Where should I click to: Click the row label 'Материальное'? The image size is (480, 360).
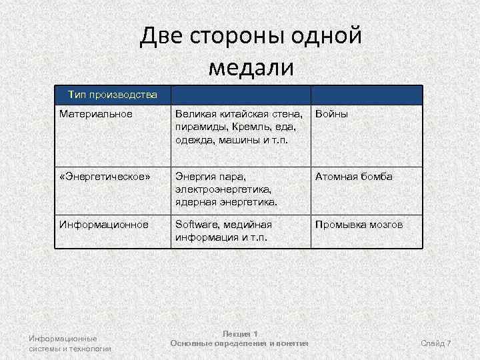pyautogui.click(x=96, y=114)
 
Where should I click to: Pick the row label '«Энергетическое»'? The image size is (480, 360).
pyautogui.click(x=105, y=177)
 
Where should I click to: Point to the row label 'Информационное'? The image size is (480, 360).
pyautogui.click(x=103, y=225)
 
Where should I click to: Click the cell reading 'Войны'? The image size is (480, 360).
pyautogui.click(x=332, y=114)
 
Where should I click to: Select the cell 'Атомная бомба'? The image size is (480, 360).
pyautogui.click(x=354, y=177)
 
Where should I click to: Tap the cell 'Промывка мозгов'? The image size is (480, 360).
pyautogui.click(x=359, y=225)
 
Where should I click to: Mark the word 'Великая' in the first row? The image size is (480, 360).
pyautogui.click(x=196, y=114)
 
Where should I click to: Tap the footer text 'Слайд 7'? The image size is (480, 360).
pyautogui.click(x=436, y=343)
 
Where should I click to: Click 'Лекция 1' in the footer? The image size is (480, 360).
pyautogui.click(x=239, y=333)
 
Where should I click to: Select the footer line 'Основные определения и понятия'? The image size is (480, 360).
pyautogui.click(x=239, y=343)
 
